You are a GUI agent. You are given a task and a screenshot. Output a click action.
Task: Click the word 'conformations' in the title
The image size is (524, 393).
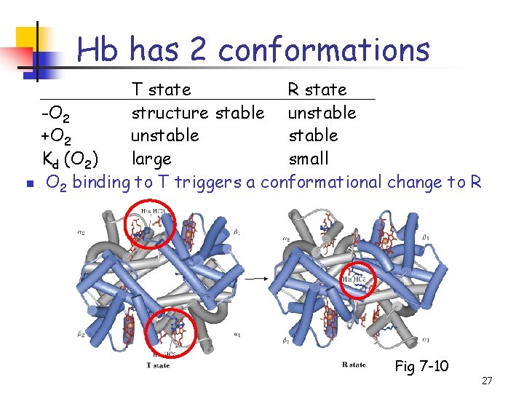pyautogui.click(x=323, y=50)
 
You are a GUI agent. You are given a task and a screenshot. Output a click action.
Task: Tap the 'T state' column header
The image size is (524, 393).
pyautogui.click(x=161, y=90)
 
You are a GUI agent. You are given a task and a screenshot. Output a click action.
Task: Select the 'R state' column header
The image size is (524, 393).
pyautogui.click(x=317, y=90)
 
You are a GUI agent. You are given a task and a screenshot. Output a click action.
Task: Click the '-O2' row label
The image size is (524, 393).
pyautogui.click(x=55, y=114)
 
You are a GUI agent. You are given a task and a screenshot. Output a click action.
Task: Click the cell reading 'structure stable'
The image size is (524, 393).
pyautogui.click(x=197, y=113)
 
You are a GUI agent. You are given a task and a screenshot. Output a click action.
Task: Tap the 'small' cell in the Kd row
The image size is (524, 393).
pyautogui.click(x=309, y=159)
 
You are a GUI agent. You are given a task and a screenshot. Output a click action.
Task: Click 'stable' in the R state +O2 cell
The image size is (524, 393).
pyautogui.click(x=313, y=136)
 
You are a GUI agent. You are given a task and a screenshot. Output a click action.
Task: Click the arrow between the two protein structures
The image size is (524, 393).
pyautogui.click(x=254, y=278)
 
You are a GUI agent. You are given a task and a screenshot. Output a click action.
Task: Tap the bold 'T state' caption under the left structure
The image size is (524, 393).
pyautogui.click(x=159, y=365)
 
